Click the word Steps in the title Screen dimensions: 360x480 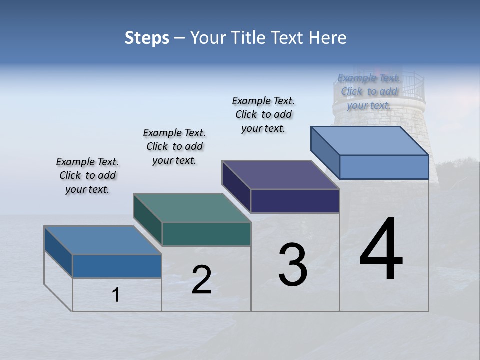147,38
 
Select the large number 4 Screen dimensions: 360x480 381,250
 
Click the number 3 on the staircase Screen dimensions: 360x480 292,265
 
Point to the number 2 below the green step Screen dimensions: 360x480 201,280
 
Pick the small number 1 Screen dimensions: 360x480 116,295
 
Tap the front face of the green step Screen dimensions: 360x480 206,234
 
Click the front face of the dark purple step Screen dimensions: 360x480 295,201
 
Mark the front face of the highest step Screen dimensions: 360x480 384,167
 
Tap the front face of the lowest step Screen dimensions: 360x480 117,266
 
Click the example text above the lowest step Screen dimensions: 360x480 87,175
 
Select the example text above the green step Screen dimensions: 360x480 174,146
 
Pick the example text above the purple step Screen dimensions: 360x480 263,114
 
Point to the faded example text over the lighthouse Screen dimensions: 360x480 369,91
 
